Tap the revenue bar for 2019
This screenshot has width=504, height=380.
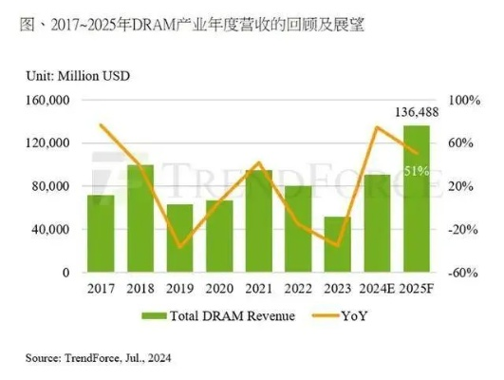pos(179,238)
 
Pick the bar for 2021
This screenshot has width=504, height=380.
pos(258,221)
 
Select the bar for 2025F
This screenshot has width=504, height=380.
pos(416,199)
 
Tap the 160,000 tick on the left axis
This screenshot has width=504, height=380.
pos(47,100)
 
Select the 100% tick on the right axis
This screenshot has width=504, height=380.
pos(463,100)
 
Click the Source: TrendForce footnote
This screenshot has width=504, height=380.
pos(93,358)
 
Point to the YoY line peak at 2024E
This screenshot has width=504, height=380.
pos(377,127)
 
